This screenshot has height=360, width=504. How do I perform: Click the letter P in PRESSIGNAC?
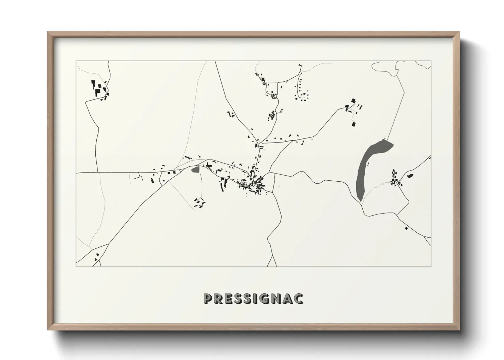coord(208,298)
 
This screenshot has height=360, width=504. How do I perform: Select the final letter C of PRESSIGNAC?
coord(299,298)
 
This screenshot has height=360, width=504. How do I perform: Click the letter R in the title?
coord(219,298)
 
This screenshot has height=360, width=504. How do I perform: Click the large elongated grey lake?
coord(368,167)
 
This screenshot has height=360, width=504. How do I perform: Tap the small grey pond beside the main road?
coord(195,169)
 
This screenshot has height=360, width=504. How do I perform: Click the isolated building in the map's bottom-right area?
coord(406,228)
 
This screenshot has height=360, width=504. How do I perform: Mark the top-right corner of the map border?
coord(431,61)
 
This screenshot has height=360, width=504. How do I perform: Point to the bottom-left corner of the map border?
coord(76,266)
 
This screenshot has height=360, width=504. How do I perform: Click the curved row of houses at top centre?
coord(301,90)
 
